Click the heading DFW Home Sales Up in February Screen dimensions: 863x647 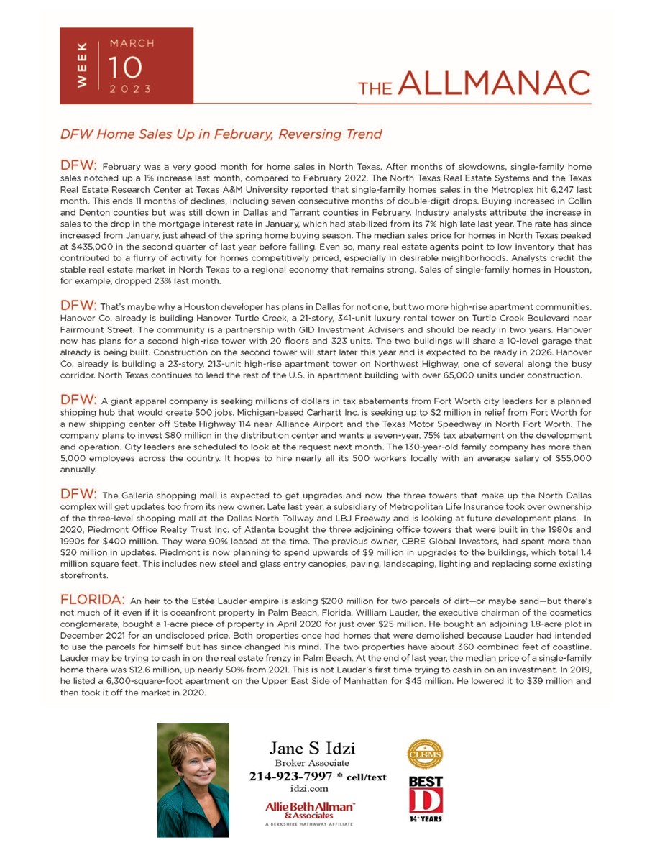click(x=220, y=134)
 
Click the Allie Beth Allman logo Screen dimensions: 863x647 click(x=310, y=811)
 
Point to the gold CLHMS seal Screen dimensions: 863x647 click(x=425, y=755)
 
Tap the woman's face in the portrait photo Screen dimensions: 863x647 click(x=191, y=761)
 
